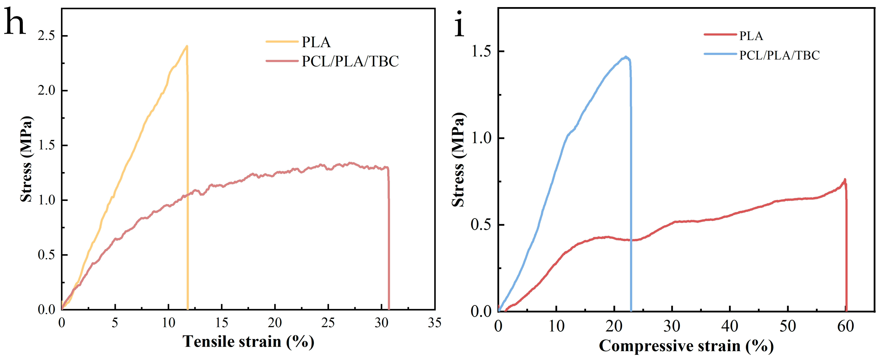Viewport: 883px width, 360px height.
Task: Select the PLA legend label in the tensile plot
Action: [316, 42]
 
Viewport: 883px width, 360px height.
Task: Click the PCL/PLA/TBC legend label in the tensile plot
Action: [350, 61]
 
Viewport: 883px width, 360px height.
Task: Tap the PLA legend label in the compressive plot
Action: [751, 36]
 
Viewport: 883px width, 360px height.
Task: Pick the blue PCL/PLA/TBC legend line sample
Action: [720, 54]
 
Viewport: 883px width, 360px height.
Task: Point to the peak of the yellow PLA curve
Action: [186, 46]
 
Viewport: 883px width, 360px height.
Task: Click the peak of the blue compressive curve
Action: [626, 57]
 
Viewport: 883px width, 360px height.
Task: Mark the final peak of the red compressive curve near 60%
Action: [844, 179]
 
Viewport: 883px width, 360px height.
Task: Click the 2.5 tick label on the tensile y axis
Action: [46, 36]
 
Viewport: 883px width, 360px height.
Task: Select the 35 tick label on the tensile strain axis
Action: [434, 323]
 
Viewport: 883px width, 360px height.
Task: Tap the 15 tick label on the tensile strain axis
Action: [222, 323]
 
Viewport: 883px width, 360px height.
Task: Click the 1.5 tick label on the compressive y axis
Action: [481, 51]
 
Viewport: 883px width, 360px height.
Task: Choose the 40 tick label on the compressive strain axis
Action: [730, 326]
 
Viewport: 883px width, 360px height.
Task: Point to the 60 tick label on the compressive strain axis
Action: [845, 326]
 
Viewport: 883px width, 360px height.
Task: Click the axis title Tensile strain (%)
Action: [248, 342]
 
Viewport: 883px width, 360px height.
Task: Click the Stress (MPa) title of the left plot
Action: [26, 159]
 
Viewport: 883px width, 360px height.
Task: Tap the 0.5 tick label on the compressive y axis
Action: [481, 225]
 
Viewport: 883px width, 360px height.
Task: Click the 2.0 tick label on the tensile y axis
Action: [46, 91]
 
